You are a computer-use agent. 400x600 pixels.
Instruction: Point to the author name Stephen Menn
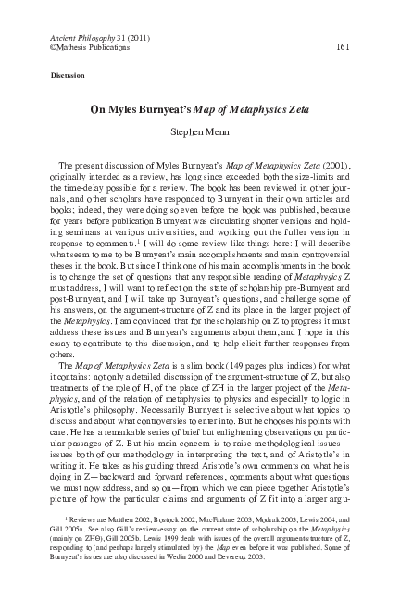click(199, 132)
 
